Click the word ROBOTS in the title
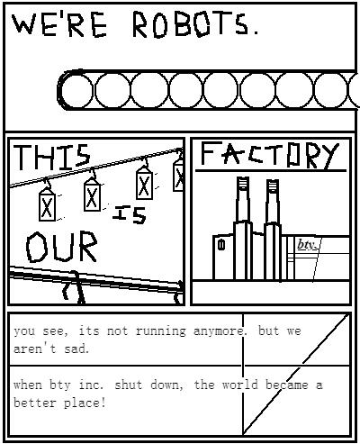point(191,24)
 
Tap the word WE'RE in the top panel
point(59,24)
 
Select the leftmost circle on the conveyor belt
point(77,90)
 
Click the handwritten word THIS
point(52,157)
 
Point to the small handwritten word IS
point(130,214)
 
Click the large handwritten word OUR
point(62,247)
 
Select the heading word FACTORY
point(269,155)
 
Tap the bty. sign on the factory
point(306,245)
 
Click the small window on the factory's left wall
point(221,245)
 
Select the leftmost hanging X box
point(47,205)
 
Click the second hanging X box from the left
point(92,195)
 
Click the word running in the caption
point(160,331)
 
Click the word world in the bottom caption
point(239,385)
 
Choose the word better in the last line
point(35,403)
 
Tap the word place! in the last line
point(85,403)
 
